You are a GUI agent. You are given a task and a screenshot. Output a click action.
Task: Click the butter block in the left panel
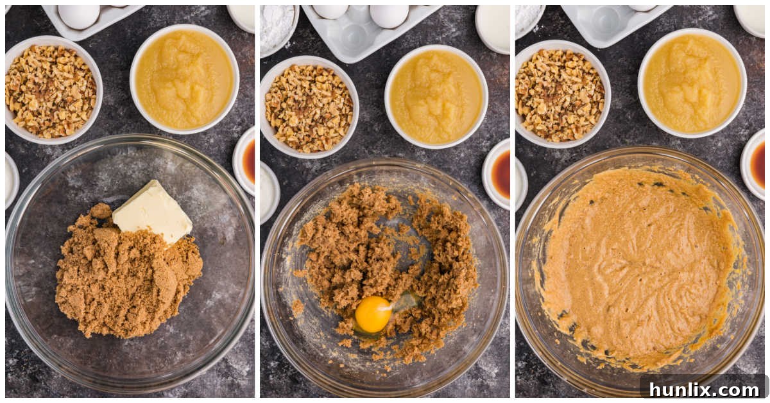[x=152, y=212]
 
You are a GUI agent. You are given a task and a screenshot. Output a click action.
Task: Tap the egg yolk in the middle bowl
[x=373, y=314]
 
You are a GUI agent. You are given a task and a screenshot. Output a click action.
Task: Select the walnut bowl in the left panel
[x=51, y=90]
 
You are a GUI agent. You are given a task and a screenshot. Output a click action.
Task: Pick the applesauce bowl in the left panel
[x=184, y=79]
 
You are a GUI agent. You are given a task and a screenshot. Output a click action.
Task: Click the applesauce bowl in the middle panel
[x=436, y=97]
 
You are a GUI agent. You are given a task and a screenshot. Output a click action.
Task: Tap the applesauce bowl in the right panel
[x=692, y=83]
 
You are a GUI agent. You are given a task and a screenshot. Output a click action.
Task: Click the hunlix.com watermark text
[x=704, y=389]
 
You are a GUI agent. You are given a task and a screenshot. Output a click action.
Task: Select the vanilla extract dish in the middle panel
[x=498, y=174]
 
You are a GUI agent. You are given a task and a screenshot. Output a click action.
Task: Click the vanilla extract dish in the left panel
[x=246, y=160]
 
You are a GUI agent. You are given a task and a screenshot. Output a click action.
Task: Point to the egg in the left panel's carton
[x=79, y=16]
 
